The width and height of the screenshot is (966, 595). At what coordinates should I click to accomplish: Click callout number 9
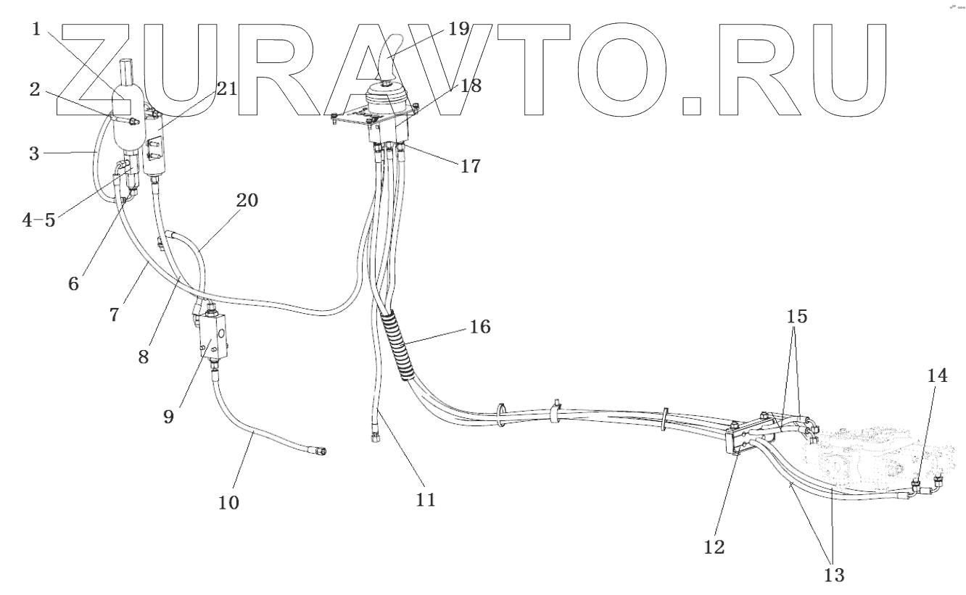pyautogui.click(x=168, y=418)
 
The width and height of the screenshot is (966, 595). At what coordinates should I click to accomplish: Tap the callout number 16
pyautogui.click(x=479, y=327)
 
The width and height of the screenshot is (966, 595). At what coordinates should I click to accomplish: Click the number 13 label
pyautogui.click(x=834, y=576)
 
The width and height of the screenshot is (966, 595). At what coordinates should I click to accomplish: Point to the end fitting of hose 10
pyautogui.click(x=319, y=452)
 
